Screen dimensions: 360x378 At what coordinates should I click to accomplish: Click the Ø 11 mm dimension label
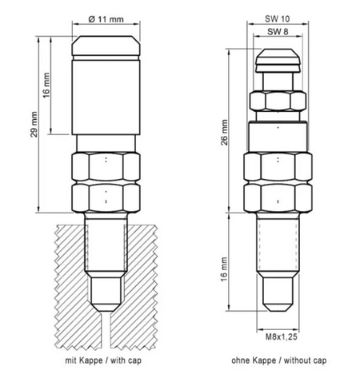click(x=106, y=19)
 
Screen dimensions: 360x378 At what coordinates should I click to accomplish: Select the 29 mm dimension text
click(x=34, y=125)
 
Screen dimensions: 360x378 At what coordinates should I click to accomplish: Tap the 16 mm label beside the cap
click(x=46, y=86)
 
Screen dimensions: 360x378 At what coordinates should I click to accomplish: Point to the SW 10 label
click(x=278, y=18)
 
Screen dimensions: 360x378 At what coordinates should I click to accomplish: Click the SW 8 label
click(x=278, y=32)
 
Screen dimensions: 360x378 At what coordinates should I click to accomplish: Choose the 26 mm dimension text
click(x=225, y=132)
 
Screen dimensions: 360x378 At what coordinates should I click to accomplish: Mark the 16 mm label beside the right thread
click(x=224, y=269)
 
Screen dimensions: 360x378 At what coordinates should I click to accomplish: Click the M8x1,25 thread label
click(x=282, y=336)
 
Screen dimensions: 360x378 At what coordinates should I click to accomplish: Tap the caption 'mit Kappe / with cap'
click(x=103, y=360)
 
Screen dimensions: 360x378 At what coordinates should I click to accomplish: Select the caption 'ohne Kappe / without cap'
click(x=279, y=360)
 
